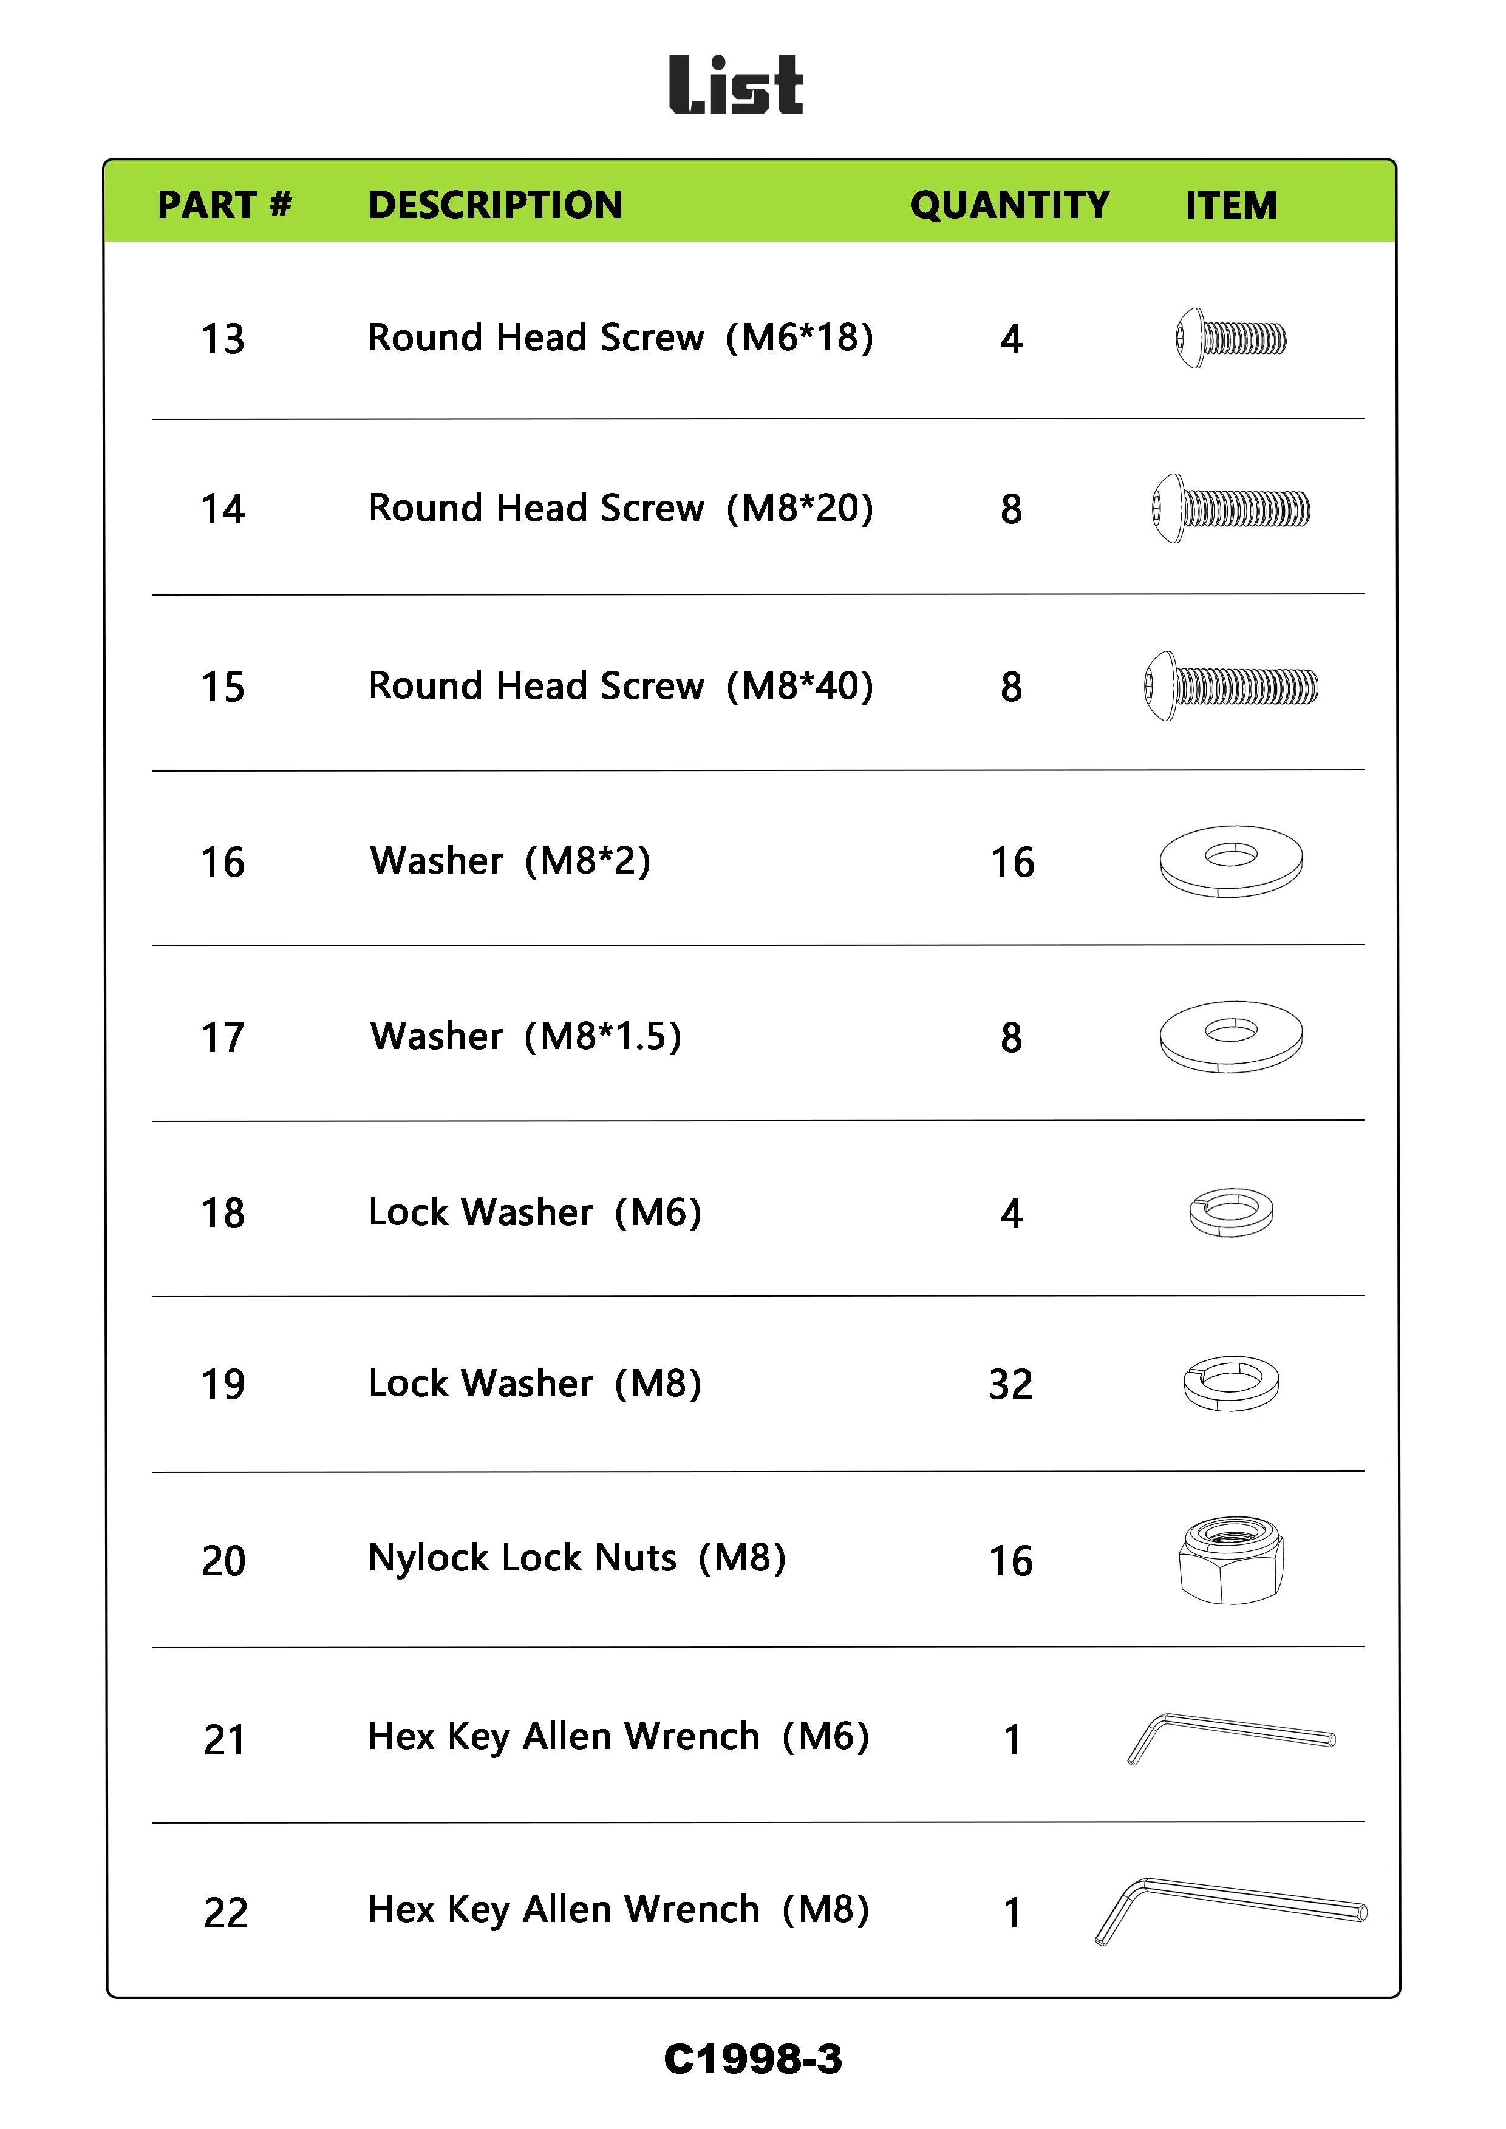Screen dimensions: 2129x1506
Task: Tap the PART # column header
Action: click(x=225, y=205)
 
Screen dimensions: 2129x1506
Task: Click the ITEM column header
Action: click(x=1230, y=205)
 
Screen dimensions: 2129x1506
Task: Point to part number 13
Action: click(x=223, y=339)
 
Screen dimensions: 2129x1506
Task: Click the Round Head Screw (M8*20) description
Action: click(x=621, y=508)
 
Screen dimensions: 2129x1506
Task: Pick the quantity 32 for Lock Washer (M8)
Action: click(x=1010, y=1384)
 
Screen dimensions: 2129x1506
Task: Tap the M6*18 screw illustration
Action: click(x=1230, y=339)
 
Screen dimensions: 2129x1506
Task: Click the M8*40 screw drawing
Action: click(x=1230, y=686)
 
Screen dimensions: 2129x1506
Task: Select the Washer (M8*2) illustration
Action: click(x=1230, y=861)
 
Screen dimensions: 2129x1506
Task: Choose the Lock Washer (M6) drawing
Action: click(x=1230, y=1212)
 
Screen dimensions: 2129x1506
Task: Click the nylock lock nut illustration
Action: click(x=1230, y=1561)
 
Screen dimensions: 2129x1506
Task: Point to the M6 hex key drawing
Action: click(x=1230, y=1737)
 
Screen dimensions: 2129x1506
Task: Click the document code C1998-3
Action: click(x=752, y=2059)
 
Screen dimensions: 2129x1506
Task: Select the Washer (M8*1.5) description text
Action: click(x=525, y=1037)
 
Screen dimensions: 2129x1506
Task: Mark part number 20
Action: click(x=223, y=1561)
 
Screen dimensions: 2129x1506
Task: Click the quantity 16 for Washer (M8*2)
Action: click(x=1012, y=863)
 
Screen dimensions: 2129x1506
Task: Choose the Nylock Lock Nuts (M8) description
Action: click(x=577, y=1559)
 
